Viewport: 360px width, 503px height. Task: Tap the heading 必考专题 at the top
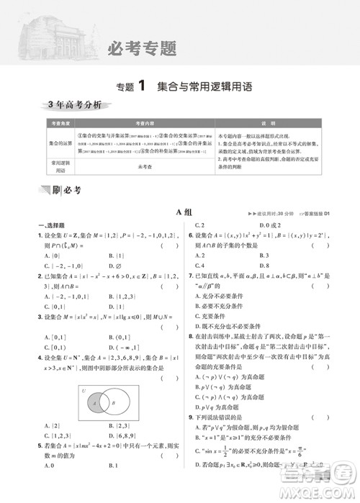tap(142, 50)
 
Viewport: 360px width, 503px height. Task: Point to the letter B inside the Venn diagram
tap(116, 405)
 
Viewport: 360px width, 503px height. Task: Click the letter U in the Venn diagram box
tap(84, 391)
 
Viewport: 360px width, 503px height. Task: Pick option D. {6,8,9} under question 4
tap(123, 436)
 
